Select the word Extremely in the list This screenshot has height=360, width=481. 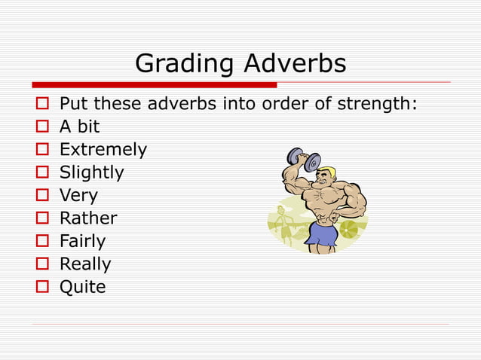(103, 150)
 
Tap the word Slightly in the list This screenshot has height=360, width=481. (92, 173)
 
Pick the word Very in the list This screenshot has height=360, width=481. (78, 197)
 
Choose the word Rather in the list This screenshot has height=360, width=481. (88, 218)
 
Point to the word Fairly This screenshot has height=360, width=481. (83, 242)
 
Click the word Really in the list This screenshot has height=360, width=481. (85, 264)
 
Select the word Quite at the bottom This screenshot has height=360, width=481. (83, 287)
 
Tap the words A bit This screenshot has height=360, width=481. (80, 127)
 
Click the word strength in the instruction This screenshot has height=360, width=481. (376, 104)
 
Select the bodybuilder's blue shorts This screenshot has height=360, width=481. (323, 235)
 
